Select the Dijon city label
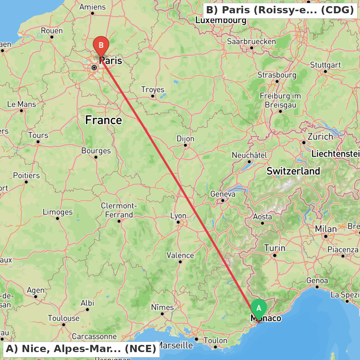click(185, 139)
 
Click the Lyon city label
click(178, 216)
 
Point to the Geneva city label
click(223, 194)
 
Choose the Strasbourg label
click(277, 75)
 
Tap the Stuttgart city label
click(325, 65)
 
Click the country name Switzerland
click(293, 171)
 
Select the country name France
click(104, 120)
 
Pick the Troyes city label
click(153, 89)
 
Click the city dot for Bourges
click(96, 157)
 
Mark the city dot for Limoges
click(58, 218)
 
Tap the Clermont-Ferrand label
click(119, 210)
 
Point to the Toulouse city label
click(64, 318)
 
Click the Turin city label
click(275, 248)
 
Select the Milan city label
click(326, 229)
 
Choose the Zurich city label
click(320, 137)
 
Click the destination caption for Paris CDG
click(280, 10)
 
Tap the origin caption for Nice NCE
click(81, 349)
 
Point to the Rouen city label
click(52, 31)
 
